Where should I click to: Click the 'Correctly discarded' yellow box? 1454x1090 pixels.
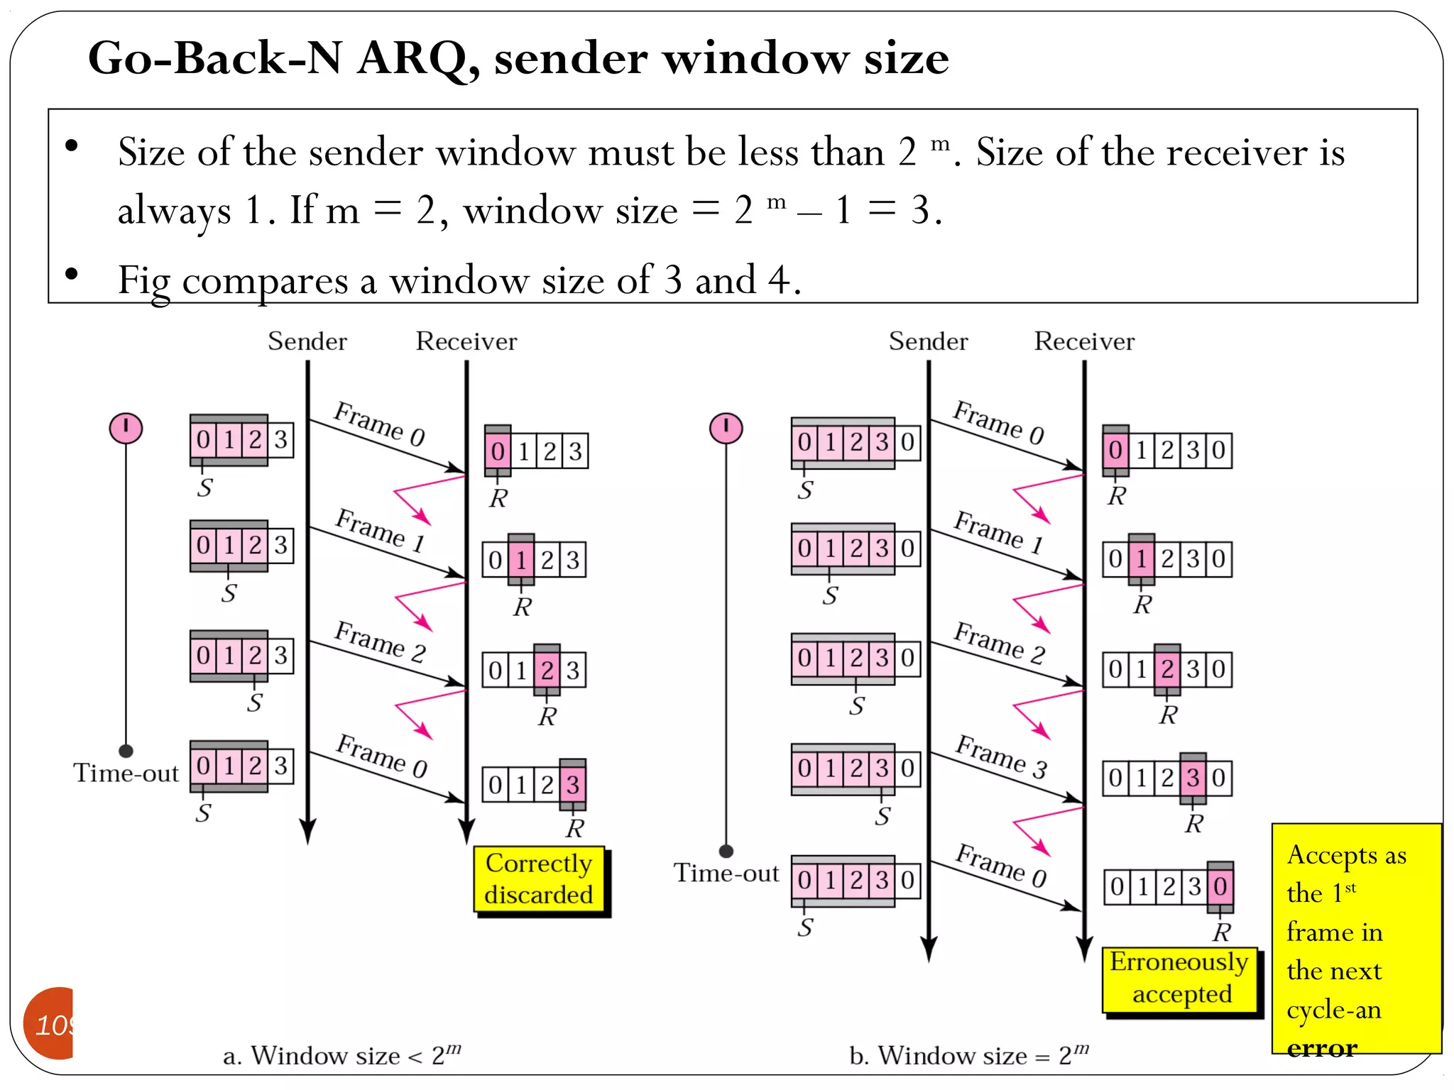point(539,879)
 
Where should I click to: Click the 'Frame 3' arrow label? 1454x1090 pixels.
point(1001,756)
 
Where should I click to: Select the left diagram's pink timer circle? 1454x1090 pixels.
point(126,429)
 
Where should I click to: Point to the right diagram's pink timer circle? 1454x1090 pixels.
point(726,429)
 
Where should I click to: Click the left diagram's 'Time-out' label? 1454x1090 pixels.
point(126,773)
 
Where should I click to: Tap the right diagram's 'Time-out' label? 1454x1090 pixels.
point(726,873)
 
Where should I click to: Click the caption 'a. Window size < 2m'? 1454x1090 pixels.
point(341,1055)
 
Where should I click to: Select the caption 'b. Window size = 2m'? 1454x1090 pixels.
point(968,1055)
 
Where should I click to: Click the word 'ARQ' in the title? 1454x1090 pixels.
point(417,58)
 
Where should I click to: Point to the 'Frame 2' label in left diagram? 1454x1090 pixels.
point(381,642)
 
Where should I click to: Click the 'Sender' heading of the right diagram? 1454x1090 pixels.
point(928,341)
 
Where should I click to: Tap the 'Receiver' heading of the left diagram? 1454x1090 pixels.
point(466,341)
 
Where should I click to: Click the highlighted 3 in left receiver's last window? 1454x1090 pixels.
point(572,785)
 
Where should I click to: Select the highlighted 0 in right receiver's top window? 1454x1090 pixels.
point(1115,450)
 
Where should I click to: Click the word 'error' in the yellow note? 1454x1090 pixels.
point(1322,1047)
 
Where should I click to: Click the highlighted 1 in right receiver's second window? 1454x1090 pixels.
point(1141,559)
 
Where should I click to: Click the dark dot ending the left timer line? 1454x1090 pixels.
point(126,751)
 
